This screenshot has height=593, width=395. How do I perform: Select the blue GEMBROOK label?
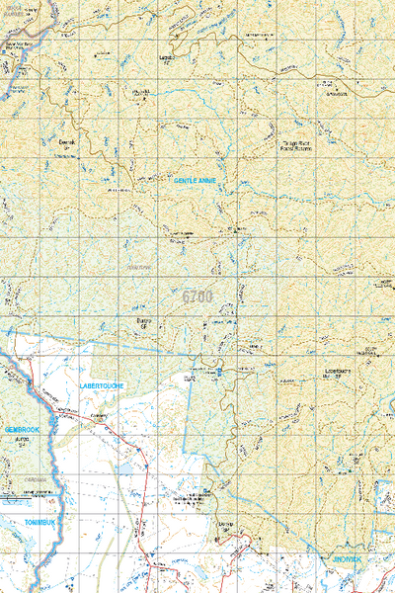(x=20, y=429)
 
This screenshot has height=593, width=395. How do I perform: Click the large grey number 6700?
(x=197, y=296)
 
